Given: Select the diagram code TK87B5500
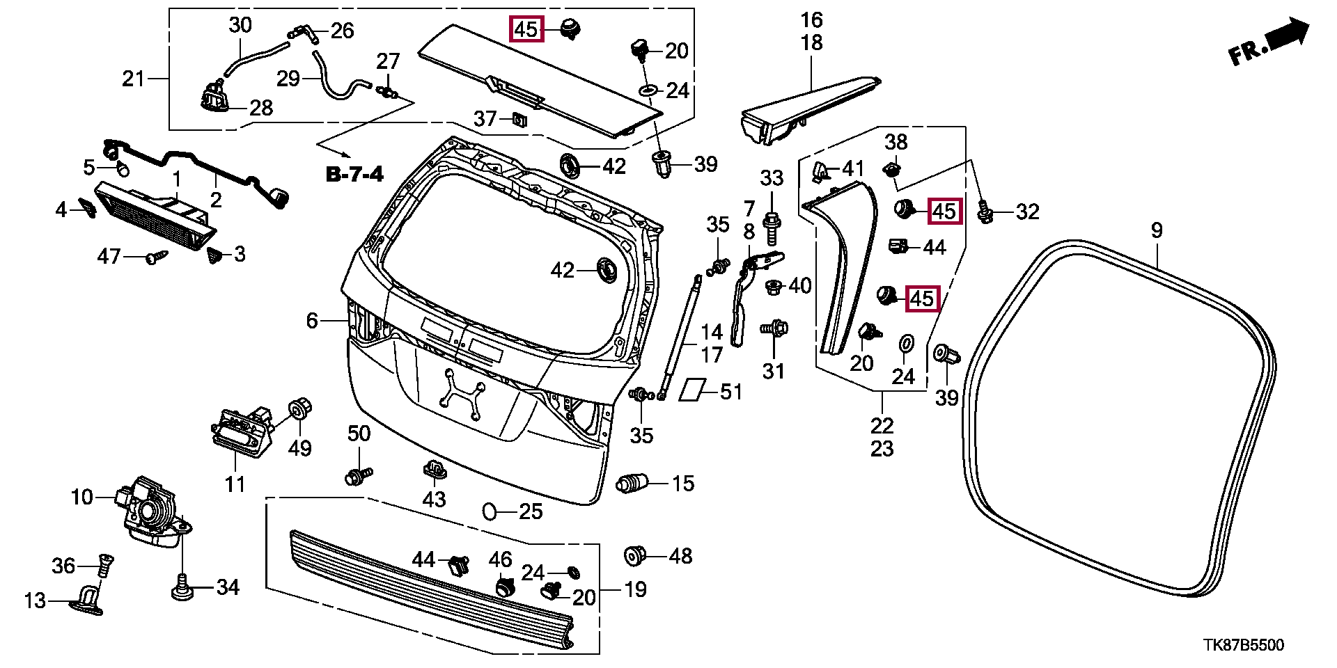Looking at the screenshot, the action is pyautogui.click(x=1244, y=646).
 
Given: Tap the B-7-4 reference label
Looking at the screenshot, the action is pyautogui.click(x=354, y=173).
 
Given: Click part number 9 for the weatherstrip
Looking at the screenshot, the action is pyautogui.click(x=1157, y=230).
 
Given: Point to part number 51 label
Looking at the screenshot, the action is pyautogui.click(x=731, y=392).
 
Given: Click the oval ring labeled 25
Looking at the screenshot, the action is pyautogui.click(x=490, y=512).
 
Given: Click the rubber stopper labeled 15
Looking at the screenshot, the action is pyautogui.click(x=632, y=483).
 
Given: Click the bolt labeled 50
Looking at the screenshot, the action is pyautogui.click(x=359, y=477).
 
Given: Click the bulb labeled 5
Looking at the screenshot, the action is pyautogui.click(x=122, y=168).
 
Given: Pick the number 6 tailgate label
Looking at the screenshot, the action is pyautogui.click(x=312, y=321).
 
